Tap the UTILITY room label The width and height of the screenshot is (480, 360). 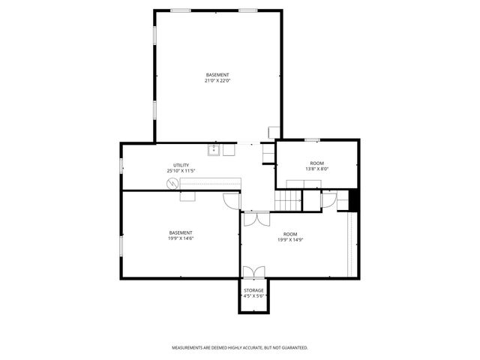click(x=181, y=165)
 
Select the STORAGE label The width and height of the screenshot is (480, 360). click(x=253, y=289)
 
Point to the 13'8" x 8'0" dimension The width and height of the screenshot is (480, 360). click(x=317, y=169)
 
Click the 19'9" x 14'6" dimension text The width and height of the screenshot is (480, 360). click(x=181, y=238)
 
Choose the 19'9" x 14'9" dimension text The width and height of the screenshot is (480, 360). click(x=289, y=240)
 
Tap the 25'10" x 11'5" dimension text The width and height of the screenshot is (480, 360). click(x=181, y=171)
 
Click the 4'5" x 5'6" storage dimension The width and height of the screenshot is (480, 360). click(x=253, y=295)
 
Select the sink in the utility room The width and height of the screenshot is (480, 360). click(x=214, y=149)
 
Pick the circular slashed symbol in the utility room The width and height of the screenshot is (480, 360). click(x=174, y=182)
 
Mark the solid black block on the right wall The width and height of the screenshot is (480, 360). click(x=355, y=200)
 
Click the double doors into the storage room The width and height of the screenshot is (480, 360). click(x=253, y=271)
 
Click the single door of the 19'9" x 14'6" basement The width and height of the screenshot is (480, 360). click(x=230, y=201)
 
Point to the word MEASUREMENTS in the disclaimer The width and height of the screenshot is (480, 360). click(x=188, y=348)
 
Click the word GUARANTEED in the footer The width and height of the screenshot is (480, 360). click(x=292, y=348)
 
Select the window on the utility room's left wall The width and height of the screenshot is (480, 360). click(x=121, y=164)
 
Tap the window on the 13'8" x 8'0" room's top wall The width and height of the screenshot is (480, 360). click(x=312, y=140)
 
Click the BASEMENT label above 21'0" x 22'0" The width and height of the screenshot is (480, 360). click(x=217, y=74)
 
